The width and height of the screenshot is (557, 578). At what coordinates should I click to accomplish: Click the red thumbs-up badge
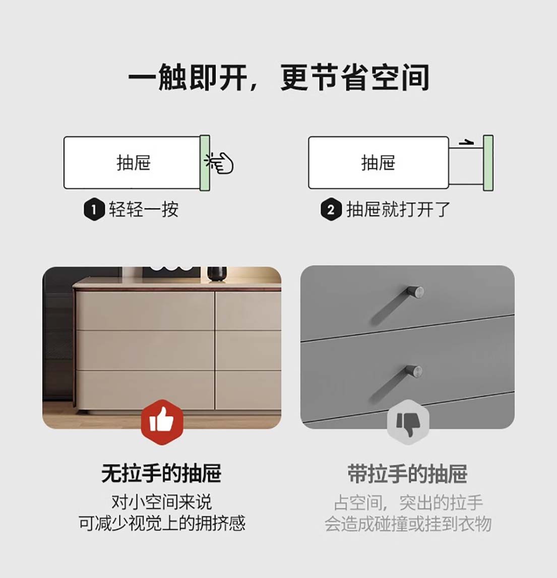(162, 422)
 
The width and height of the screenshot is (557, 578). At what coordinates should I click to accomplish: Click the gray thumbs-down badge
(408, 422)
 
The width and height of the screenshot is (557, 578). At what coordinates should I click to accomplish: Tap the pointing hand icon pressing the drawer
(220, 162)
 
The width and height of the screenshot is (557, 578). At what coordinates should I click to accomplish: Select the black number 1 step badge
(94, 210)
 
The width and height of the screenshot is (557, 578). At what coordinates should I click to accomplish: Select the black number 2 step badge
(331, 210)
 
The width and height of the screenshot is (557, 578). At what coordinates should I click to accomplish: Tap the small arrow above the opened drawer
(466, 142)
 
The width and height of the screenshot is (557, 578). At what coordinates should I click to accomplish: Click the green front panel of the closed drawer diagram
(205, 163)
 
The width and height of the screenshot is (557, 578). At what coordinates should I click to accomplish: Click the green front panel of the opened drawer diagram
(488, 163)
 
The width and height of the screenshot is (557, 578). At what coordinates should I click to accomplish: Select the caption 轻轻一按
(144, 210)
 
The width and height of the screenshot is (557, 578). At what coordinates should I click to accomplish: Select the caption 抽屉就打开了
(398, 210)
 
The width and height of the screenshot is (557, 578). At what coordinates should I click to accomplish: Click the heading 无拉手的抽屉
(161, 474)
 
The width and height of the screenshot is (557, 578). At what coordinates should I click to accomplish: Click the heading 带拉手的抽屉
(408, 474)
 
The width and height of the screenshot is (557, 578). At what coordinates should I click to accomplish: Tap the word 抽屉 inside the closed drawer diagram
(134, 162)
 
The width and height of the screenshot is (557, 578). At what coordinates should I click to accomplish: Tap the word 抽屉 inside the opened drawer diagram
(379, 162)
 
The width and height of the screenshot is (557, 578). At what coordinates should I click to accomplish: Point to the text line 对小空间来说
(162, 502)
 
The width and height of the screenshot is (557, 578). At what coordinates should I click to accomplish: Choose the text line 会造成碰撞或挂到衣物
(408, 524)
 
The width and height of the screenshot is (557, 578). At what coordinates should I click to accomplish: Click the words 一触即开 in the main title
(188, 77)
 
